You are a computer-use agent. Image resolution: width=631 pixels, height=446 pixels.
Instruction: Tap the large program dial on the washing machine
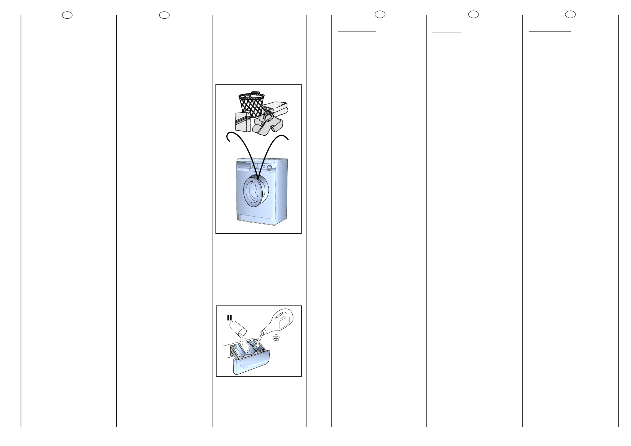tap(269, 167)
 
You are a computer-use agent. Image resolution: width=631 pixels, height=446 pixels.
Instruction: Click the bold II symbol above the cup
tap(229, 317)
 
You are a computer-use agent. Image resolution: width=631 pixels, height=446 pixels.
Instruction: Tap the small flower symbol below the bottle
tap(276, 338)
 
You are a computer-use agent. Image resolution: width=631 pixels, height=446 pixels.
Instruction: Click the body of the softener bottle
tap(283, 321)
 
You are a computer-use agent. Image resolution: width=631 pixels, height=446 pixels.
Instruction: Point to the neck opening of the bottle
tap(263, 332)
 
